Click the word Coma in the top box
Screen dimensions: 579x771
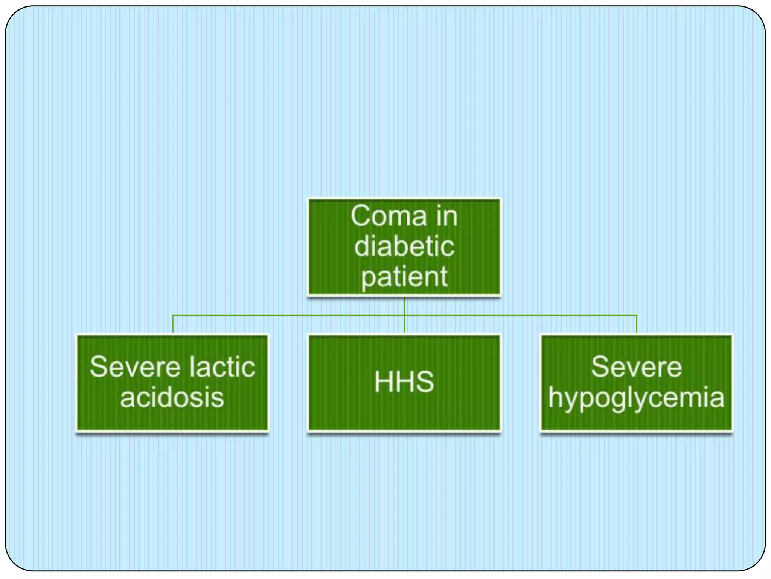(389, 216)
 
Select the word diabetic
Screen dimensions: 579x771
(404, 247)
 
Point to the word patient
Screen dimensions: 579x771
(404, 277)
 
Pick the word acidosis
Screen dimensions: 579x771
(172, 397)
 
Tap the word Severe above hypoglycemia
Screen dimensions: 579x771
(636, 367)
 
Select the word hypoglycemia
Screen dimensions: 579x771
(636, 398)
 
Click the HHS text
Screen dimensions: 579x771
(404, 382)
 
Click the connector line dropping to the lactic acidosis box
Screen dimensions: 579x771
(173, 324)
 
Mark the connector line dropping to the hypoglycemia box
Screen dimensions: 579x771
(636, 324)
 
